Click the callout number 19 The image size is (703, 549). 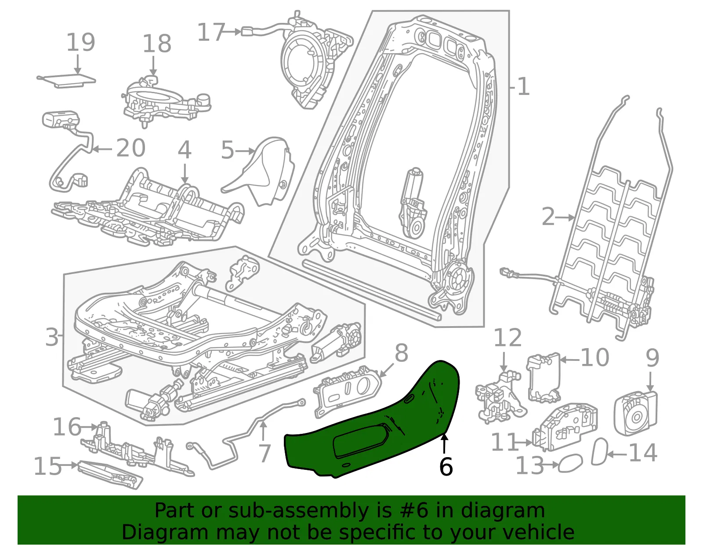click(x=80, y=42)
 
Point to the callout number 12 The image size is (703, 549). click(x=507, y=338)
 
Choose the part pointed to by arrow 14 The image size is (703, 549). click(x=599, y=451)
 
